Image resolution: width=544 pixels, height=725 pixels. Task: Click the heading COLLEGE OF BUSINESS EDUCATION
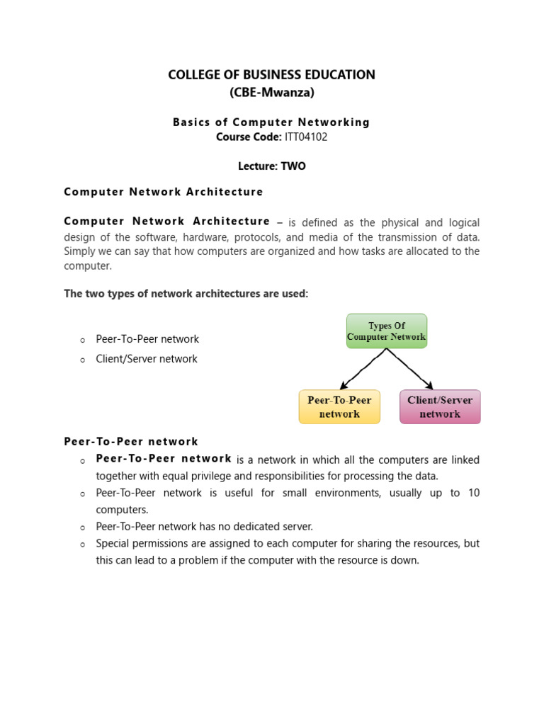tap(271, 75)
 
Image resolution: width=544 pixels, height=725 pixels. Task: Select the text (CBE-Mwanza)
tap(271, 92)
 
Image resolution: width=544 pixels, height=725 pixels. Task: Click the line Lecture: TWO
tap(271, 166)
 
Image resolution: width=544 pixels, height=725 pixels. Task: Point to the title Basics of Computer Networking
tap(271, 122)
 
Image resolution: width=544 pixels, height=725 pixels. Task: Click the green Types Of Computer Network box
tap(386, 331)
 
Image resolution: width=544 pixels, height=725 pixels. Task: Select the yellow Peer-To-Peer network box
tap(339, 406)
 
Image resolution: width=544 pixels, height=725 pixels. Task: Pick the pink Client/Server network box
tap(440, 406)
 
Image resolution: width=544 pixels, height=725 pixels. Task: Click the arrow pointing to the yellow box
tap(363, 369)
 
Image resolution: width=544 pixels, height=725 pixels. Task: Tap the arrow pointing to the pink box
tap(410, 369)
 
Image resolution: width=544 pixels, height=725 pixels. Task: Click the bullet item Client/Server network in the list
tap(147, 359)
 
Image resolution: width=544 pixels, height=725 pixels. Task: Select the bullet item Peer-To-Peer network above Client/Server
tap(147, 339)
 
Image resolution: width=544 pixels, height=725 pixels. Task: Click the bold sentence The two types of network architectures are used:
tap(186, 294)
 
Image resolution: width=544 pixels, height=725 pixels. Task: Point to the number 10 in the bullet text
tap(473, 493)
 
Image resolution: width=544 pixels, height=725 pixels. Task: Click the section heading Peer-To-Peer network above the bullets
tap(131, 441)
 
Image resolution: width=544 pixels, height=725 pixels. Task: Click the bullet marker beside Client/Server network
tap(82, 360)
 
